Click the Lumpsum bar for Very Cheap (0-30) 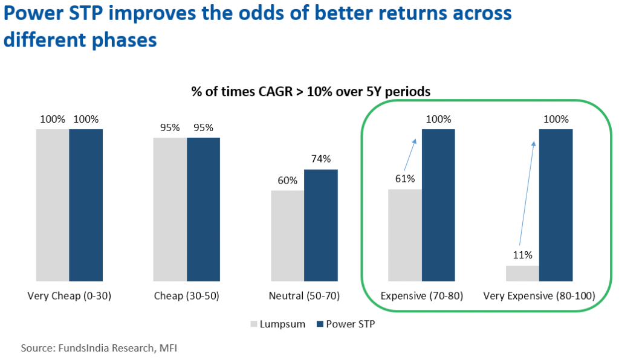[53, 205]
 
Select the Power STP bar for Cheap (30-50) [203, 209]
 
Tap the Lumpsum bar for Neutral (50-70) [287, 236]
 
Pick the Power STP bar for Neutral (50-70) [320, 225]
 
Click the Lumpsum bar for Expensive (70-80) [404, 235]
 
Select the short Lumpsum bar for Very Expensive [522, 273]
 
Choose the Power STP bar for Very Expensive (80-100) [556, 205]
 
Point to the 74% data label [320, 159]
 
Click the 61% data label [404, 179]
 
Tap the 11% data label [522, 255]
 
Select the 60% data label [287, 181]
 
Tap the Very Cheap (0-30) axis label [69, 297]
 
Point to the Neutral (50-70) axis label [304, 297]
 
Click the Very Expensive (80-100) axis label [539, 297]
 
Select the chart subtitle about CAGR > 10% [309, 92]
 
